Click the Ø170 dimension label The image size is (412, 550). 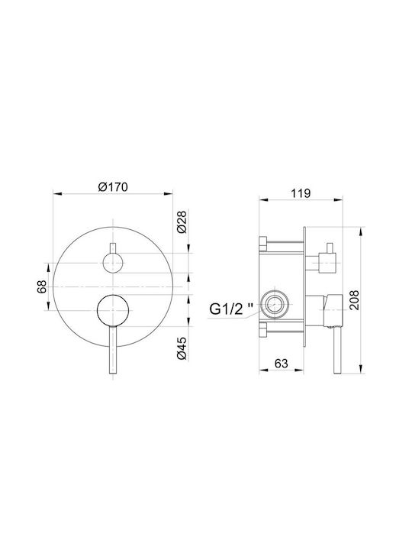113,186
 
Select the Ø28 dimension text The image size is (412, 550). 182,222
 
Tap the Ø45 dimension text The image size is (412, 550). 182,348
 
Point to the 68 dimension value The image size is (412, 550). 41,286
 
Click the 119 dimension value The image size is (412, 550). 301,193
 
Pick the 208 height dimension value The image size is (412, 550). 355,300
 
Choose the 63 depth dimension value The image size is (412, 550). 281,364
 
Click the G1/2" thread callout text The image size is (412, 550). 232,309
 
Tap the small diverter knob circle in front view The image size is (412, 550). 113,263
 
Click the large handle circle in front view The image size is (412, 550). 113,310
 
